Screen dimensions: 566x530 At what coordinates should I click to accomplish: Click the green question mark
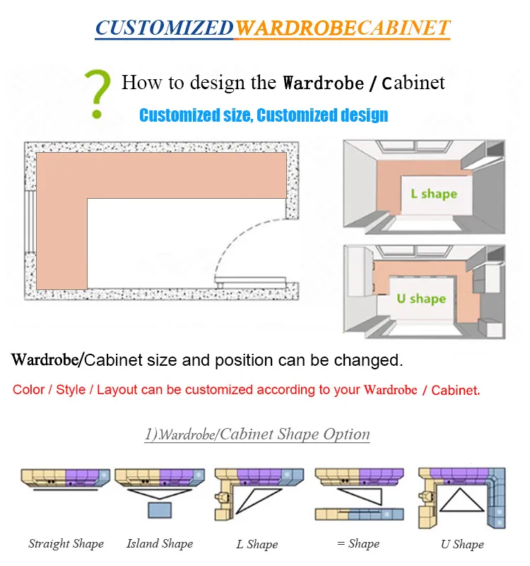click(99, 92)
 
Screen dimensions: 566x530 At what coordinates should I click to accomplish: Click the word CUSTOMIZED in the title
click(164, 28)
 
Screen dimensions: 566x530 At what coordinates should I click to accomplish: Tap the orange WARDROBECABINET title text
click(342, 28)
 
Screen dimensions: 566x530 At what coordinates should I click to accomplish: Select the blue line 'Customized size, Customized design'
click(264, 115)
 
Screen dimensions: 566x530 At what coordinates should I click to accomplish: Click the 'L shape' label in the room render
click(433, 193)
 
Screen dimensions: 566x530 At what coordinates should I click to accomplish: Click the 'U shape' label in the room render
click(421, 299)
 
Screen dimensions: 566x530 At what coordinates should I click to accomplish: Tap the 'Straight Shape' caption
click(66, 544)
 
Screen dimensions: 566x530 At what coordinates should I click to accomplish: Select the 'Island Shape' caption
click(160, 544)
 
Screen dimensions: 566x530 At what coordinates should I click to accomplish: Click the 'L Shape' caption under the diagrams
click(257, 545)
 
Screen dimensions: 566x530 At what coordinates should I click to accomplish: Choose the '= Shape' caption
click(358, 544)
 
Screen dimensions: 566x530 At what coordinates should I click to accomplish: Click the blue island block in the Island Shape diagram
click(160, 512)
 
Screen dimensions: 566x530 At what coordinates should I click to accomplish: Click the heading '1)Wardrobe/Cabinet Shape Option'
click(257, 434)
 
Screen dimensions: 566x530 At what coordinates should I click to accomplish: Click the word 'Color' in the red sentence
click(28, 390)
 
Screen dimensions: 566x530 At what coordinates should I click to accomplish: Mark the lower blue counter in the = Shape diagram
click(375, 514)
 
